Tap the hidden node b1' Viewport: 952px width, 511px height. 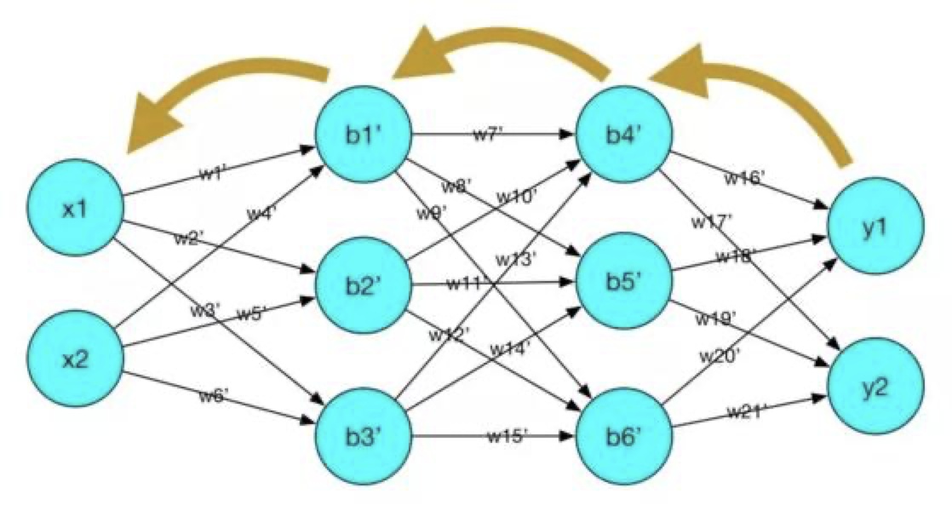(x=363, y=135)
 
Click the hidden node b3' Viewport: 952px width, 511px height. (x=363, y=436)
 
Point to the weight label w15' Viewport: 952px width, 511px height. (x=508, y=436)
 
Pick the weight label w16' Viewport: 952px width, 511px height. (x=745, y=179)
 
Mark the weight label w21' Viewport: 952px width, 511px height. (x=748, y=412)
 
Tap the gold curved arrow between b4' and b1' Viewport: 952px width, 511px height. (x=502, y=51)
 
